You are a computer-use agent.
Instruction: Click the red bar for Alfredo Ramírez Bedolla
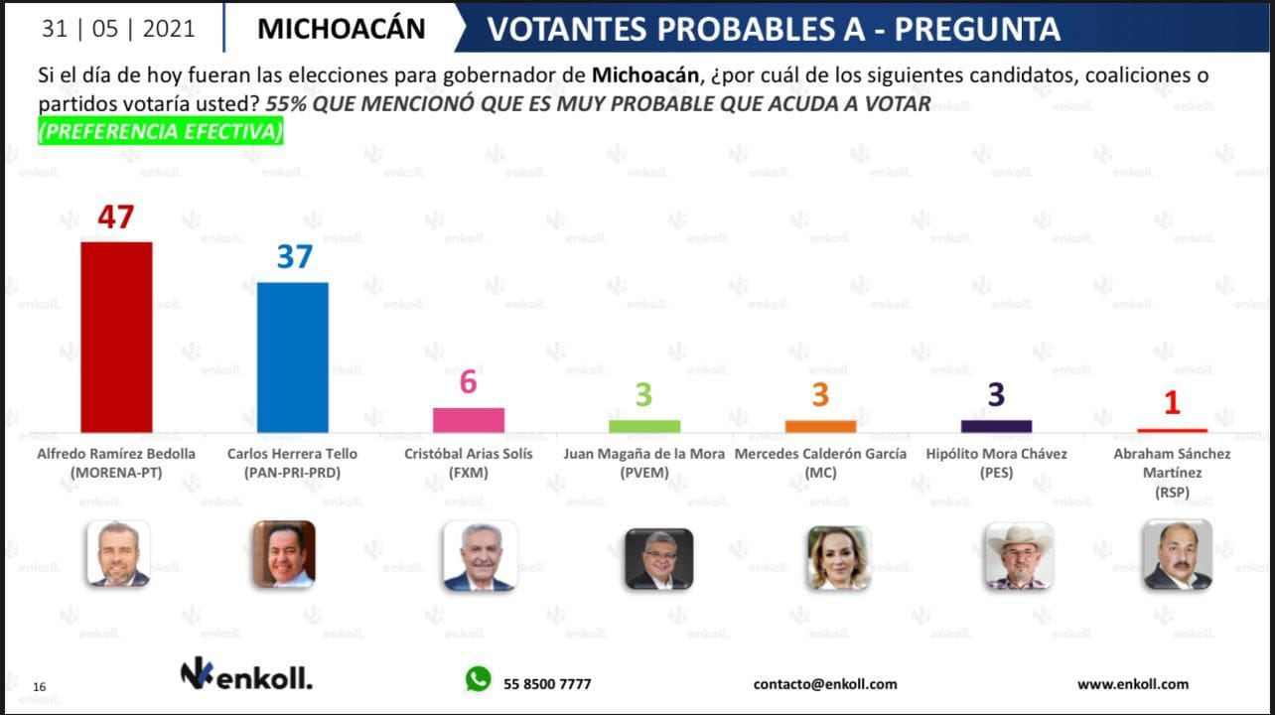click(x=116, y=337)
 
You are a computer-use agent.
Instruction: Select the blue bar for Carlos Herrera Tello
click(x=293, y=357)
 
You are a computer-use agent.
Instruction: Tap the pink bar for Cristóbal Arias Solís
click(x=469, y=420)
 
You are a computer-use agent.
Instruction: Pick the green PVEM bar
click(x=644, y=426)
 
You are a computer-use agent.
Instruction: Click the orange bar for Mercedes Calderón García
click(x=820, y=426)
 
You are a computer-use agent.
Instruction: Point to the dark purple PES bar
click(x=996, y=426)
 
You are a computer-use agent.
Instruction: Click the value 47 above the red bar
click(x=115, y=216)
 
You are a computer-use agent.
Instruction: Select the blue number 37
click(x=294, y=257)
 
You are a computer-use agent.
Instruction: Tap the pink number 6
click(x=469, y=382)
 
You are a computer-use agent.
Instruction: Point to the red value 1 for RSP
click(x=1172, y=402)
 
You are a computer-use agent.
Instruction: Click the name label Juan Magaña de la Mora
click(x=644, y=454)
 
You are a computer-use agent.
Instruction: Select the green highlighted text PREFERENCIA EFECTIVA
click(x=161, y=131)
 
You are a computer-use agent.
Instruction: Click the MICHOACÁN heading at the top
click(x=341, y=29)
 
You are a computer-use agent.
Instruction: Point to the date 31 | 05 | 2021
click(x=118, y=29)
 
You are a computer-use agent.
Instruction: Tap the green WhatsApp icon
click(x=479, y=679)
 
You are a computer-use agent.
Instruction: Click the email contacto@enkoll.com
click(x=825, y=684)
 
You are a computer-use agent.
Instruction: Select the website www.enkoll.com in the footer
click(x=1132, y=684)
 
